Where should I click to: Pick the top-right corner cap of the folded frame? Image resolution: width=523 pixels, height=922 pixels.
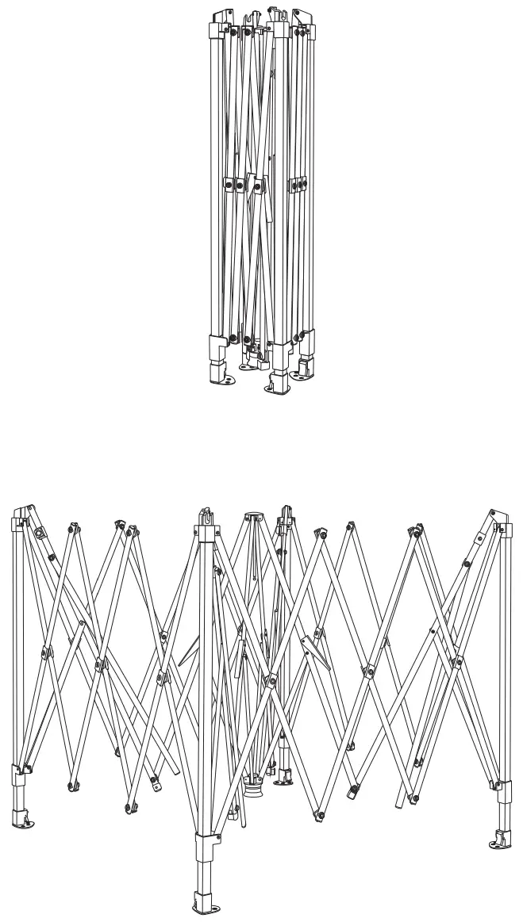(303, 20)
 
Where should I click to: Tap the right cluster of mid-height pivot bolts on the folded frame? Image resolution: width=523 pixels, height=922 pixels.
(296, 185)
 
